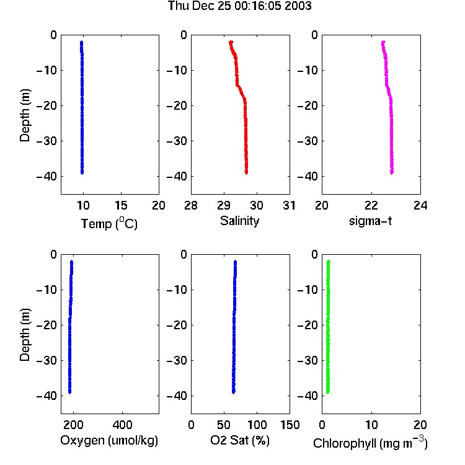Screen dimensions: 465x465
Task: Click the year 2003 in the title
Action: [298, 6]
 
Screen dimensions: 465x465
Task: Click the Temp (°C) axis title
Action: [109, 223]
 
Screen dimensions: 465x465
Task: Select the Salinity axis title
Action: [239, 221]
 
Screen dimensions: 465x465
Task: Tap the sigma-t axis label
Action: [370, 221]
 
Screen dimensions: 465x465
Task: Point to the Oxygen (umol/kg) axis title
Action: [109, 441]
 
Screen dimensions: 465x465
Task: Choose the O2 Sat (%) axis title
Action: [240, 440]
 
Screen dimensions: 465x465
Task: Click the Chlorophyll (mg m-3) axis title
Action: [370, 443]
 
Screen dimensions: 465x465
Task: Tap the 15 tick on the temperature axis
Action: [121, 205]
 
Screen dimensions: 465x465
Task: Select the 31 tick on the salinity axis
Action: [289, 205]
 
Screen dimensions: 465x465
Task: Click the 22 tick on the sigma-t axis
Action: [371, 205]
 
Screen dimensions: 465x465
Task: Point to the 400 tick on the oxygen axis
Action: [123, 425]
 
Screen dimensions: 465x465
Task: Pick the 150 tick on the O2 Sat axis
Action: [290, 425]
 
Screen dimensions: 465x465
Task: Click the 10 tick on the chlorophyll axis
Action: [371, 425]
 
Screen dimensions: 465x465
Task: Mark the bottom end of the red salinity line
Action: [246, 173]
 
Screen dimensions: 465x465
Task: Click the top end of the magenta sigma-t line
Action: [383, 42]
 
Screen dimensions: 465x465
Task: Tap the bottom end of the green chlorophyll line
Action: [328, 392]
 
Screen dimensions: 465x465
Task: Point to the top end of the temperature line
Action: [82, 42]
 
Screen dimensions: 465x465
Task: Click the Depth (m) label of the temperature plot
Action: [25, 115]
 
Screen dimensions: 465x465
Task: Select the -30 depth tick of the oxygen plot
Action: [46, 360]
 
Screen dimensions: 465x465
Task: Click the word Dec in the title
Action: [203, 6]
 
